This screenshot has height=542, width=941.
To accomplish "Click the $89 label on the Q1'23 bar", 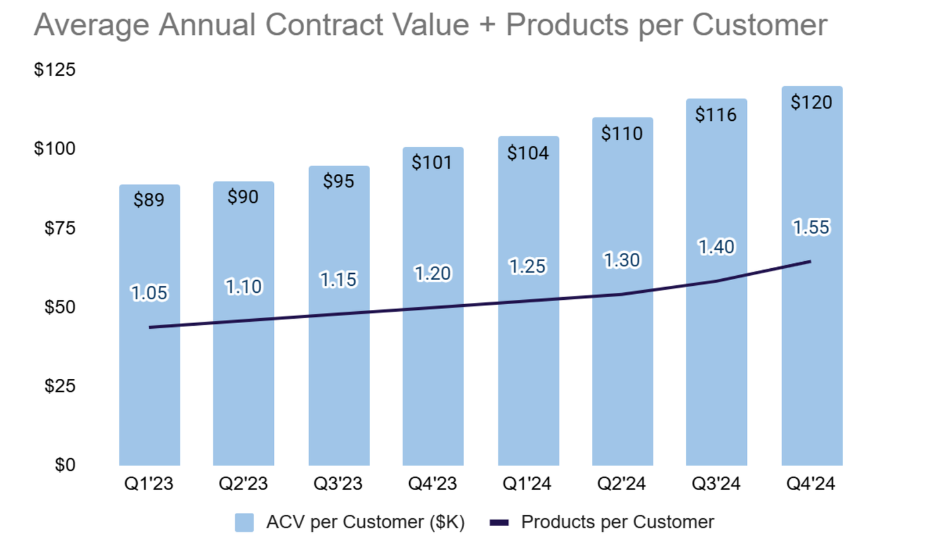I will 149,200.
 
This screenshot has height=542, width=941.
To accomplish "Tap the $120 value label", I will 811,102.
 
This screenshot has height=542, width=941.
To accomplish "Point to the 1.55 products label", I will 811,227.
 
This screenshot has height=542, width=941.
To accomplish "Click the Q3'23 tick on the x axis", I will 338,484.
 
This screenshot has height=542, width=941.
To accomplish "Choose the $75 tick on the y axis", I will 59,228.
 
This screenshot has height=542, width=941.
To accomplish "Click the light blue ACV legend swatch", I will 244,522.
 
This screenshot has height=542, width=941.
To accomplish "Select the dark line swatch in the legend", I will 499,522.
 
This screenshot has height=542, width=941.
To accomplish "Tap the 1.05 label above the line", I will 149,293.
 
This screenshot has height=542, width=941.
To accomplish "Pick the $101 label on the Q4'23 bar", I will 432,163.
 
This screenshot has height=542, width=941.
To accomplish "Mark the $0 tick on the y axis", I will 65,465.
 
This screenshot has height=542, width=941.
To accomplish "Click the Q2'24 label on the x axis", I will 621,484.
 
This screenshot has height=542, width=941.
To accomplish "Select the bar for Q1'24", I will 528,379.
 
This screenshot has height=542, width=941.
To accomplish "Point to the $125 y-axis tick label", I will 54,70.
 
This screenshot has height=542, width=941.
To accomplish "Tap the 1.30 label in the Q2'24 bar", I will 622,260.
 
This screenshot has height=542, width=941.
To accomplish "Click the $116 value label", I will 716,114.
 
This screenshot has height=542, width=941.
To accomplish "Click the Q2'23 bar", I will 243,379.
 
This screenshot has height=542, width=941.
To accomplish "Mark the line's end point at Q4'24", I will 810,261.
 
